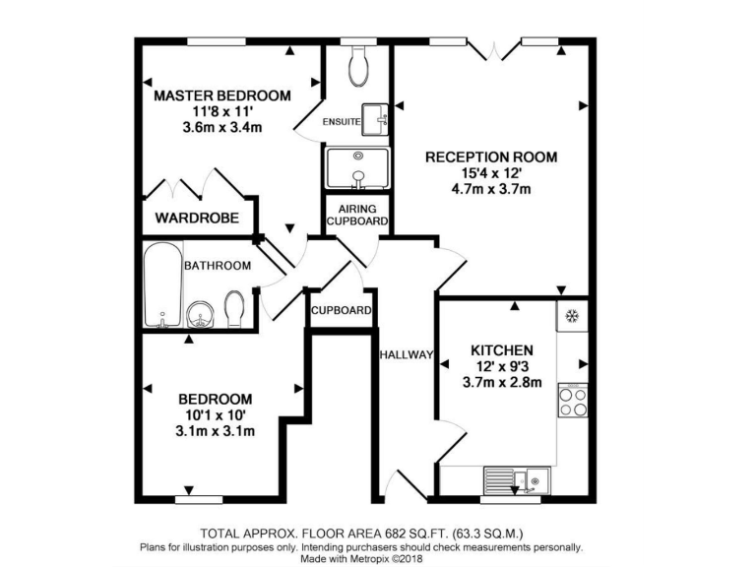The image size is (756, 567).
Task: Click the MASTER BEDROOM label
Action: pos(222,95)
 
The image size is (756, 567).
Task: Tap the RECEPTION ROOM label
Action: pos(490,157)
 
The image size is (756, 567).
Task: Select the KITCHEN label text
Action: pos(501,350)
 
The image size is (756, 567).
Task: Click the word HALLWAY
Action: pos(405,355)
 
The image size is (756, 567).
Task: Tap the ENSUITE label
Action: pos(342,121)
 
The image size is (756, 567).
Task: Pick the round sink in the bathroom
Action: pos(201,316)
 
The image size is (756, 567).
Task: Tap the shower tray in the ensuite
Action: pos(357,168)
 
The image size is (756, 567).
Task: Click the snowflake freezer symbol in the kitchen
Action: pos(571,316)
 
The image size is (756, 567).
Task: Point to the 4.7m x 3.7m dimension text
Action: pos(490,189)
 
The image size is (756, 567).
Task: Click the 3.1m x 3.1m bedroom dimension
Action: pos(215,431)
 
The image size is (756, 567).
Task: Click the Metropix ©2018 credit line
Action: pos(377,558)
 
